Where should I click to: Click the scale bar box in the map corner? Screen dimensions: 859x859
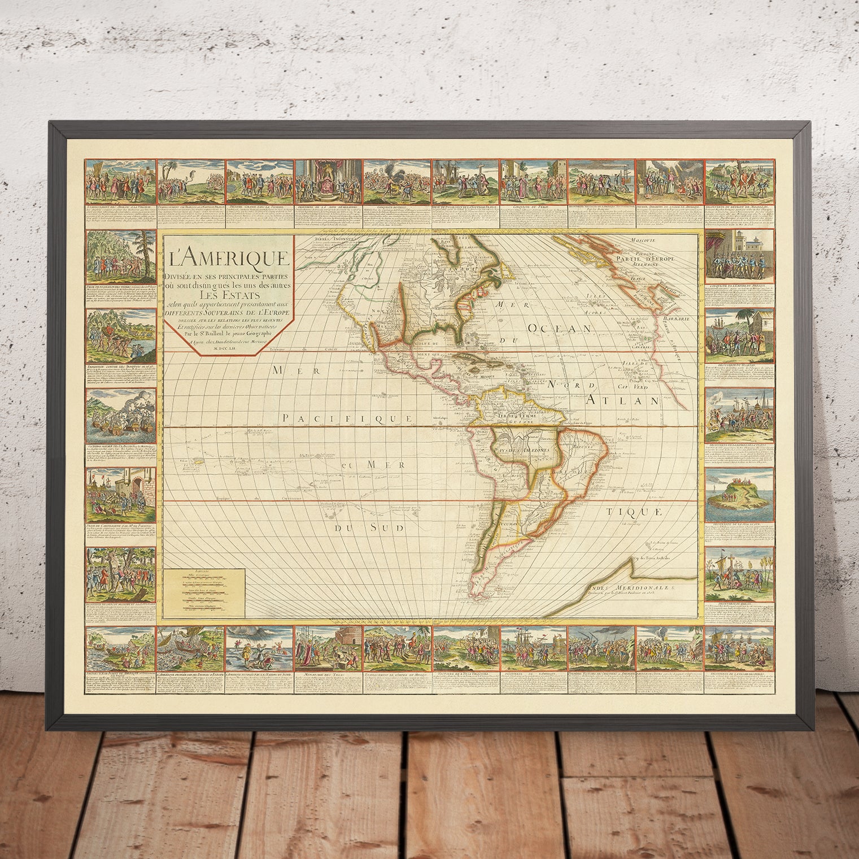point(205,592)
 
